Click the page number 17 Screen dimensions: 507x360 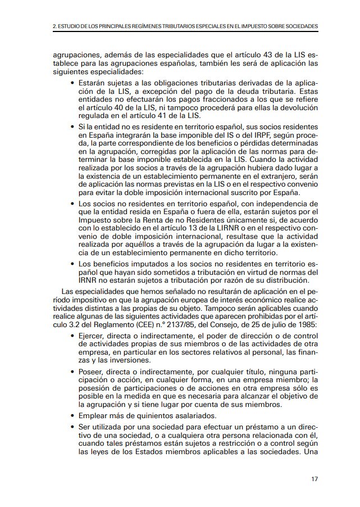pos(315,479)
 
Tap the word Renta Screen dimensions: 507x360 pos(159,220)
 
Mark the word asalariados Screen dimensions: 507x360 pos(201,415)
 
